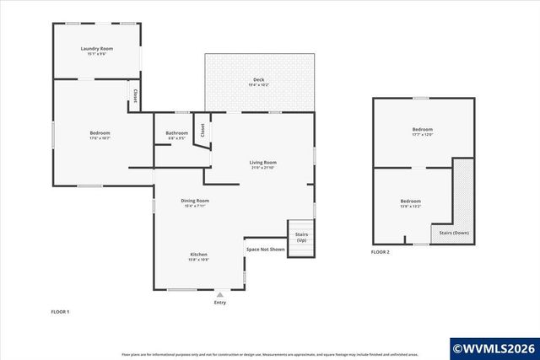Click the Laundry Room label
(x=97, y=49)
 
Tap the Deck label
(x=258, y=80)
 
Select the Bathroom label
(x=177, y=133)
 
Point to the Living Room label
(x=263, y=163)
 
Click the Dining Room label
(x=195, y=201)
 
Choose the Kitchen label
(x=198, y=255)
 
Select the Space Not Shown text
(x=264, y=250)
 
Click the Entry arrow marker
(x=220, y=294)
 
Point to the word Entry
(x=220, y=303)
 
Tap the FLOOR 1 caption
(x=60, y=312)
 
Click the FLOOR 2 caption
(x=381, y=252)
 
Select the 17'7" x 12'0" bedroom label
(x=422, y=130)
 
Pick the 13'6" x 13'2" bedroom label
(x=411, y=201)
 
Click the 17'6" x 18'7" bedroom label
(x=100, y=134)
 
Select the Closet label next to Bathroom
(x=202, y=130)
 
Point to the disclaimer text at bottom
(x=270, y=355)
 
